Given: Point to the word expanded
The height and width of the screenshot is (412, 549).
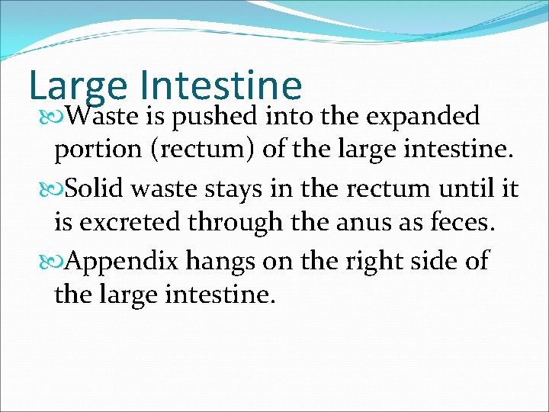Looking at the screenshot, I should [x=423, y=117].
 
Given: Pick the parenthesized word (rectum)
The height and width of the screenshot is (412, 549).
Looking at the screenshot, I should [x=205, y=151].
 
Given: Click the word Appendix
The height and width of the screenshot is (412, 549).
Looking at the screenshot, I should [x=121, y=260].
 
